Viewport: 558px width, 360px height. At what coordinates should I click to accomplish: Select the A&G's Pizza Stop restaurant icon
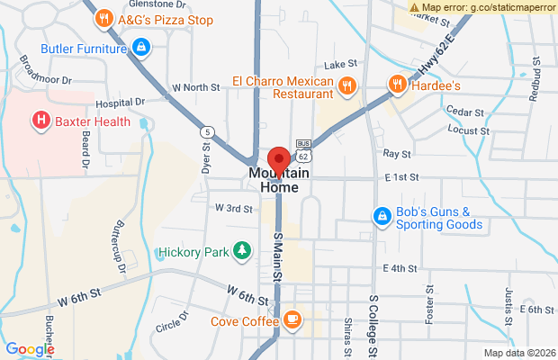pos(104,17)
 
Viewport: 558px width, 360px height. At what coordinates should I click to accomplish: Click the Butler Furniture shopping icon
pos(140,46)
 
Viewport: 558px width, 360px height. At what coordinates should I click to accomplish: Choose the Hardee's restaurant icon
pos(397,85)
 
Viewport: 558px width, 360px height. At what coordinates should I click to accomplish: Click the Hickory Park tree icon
pos(241,251)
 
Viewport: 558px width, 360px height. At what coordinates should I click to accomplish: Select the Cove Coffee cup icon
pos(292,319)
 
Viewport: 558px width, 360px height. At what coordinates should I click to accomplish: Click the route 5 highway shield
pos(208,131)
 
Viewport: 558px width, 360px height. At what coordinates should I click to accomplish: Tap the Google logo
pos(30,349)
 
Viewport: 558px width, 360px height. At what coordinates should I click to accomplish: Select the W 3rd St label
pos(233,208)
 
